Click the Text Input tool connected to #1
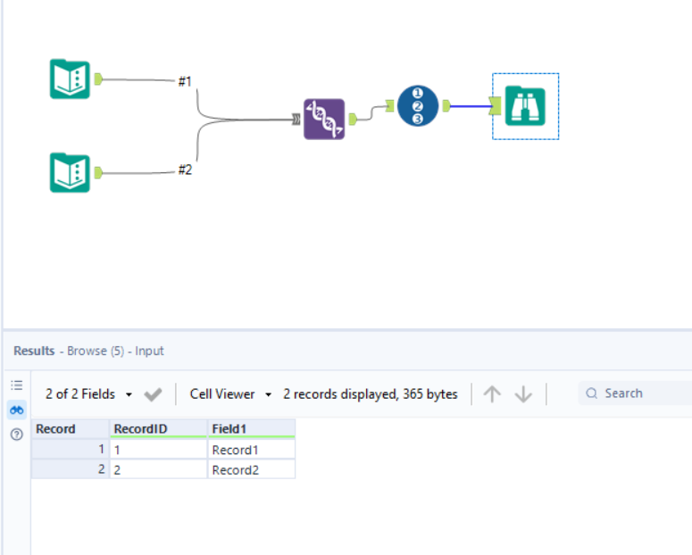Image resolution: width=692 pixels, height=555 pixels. tap(70, 79)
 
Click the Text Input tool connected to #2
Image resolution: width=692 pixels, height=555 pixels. tap(70, 172)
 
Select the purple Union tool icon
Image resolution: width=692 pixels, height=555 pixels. tap(324, 119)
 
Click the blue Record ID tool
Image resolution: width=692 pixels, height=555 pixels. tap(417, 106)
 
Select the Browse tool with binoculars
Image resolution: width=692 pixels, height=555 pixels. tap(525, 106)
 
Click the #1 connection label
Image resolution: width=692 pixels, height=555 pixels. tap(185, 81)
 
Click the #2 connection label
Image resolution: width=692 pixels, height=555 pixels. tap(185, 170)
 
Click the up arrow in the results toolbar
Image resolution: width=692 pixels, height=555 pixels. tap(492, 393)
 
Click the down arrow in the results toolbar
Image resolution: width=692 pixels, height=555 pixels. tap(524, 393)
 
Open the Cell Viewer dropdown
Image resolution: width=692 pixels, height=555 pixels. tap(230, 393)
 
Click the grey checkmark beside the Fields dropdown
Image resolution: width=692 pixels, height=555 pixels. tap(153, 393)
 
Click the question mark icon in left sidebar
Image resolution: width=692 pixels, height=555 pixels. tap(17, 435)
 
